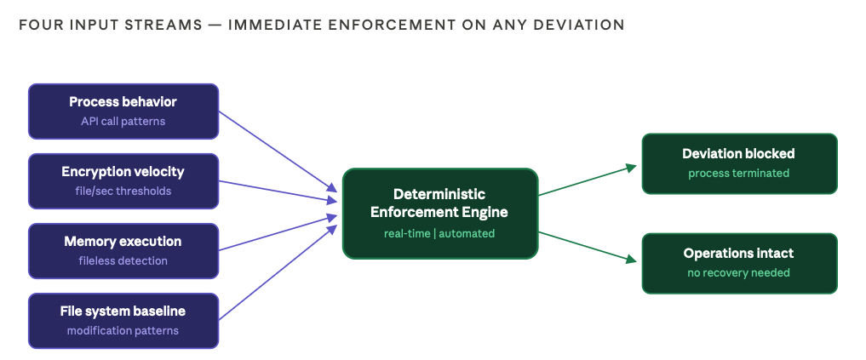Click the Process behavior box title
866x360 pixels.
click(123, 102)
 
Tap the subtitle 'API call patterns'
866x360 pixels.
click(123, 121)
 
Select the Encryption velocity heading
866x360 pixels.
click(123, 172)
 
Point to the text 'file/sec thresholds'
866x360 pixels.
click(123, 191)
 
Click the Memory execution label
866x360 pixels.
click(123, 242)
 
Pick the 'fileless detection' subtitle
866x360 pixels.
click(123, 260)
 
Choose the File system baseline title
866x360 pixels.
click(123, 311)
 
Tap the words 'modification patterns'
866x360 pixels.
click(123, 330)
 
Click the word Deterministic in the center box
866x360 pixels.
click(439, 194)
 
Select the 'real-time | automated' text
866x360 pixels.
click(439, 233)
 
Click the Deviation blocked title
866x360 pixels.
click(738, 154)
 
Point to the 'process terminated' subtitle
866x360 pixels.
click(738, 173)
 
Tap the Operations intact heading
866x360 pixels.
click(738, 254)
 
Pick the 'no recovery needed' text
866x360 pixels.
click(738, 272)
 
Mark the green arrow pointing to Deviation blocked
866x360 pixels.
click(588, 180)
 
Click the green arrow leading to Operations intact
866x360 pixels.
click(588, 246)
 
